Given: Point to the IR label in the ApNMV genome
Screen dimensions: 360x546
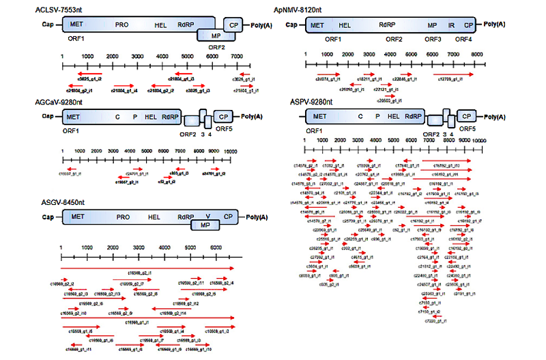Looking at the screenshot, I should point(451,25).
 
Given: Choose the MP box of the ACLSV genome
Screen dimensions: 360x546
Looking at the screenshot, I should point(216,35).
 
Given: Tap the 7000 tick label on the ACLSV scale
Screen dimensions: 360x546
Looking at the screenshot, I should point(236,56).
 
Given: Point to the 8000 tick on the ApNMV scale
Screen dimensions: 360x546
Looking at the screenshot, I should point(477,54).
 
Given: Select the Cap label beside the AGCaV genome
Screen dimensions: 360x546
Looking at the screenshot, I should point(47,117).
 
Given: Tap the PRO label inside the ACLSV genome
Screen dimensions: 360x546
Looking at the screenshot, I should point(123,25).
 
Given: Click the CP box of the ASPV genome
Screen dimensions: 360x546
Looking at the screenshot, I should point(467,117).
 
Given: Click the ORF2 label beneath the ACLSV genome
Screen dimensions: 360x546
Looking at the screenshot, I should point(216,47).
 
